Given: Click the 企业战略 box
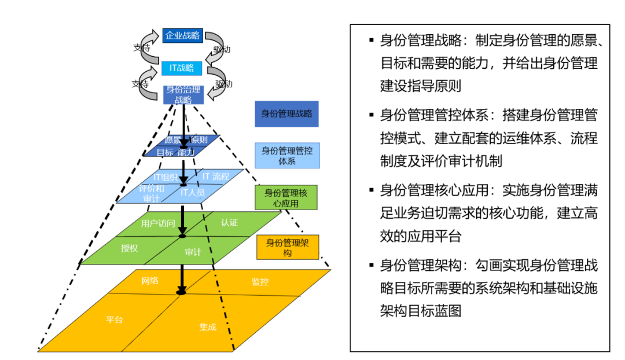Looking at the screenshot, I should (x=182, y=36).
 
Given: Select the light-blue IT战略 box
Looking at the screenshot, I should (x=182, y=68).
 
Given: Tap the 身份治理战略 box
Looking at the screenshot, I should (x=183, y=94).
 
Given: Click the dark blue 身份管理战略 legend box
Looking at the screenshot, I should (x=286, y=114).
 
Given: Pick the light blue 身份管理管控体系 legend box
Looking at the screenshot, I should (x=287, y=156).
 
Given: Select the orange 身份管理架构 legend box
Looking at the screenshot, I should (x=288, y=248).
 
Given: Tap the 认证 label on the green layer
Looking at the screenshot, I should (x=230, y=223).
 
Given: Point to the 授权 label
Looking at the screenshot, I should (x=129, y=248).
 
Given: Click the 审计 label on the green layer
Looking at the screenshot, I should (x=193, y=252).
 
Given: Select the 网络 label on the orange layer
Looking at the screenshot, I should (x=150, y=281).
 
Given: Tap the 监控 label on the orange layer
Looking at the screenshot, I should (x=260, y=282).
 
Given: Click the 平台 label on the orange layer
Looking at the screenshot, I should (x=114, y=319).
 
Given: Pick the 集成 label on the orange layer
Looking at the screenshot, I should (x=208, y=327).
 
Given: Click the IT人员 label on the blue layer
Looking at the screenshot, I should (x=192, y=192).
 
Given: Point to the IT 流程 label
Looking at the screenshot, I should (x=216, y=176).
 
